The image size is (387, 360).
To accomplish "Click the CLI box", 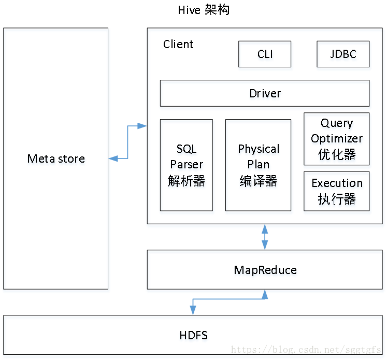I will (x=265, y=55).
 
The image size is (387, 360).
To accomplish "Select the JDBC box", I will (x=344, y=55).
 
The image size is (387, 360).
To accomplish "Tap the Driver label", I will (x=265, y=95).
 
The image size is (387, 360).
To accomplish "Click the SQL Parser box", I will (x=187, y=167).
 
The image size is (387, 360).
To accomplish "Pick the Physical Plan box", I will (x=259, y=167).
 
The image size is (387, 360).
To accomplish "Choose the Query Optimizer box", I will (x=337, y=140).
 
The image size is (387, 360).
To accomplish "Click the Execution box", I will (x=337, y=192).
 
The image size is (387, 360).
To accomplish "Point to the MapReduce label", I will (x=265, y=271).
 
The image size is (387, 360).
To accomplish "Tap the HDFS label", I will (x=194, y=336).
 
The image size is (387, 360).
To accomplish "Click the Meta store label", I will (x=56, y=160).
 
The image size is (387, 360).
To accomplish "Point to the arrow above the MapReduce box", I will (x=265, y=238).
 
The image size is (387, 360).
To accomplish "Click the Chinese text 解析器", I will (x=187, y=182).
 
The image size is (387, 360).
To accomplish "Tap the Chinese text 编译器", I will (x=259, y=182).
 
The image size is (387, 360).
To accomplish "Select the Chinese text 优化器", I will (x=337, y=155).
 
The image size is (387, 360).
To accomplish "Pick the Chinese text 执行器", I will (x=337, y=200).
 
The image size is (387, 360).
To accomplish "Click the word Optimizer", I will (x=337, y=139).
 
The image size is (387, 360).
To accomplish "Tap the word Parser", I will (x=187, y=166).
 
